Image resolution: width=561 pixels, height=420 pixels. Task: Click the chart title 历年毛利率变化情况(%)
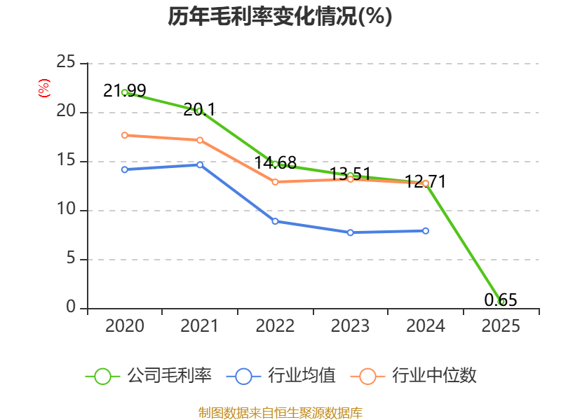pos(280,16)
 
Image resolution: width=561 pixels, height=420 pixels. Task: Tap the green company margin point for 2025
pos(501,302)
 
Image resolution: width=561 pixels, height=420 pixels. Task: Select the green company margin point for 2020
pos(125,92)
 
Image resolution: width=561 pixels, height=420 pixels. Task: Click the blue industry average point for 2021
pos(200,164)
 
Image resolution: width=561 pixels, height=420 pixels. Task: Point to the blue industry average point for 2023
pos(350,232)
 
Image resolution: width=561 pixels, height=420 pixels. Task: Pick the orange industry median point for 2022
pos(275,182)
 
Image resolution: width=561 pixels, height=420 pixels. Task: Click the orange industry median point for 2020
pos(125,135)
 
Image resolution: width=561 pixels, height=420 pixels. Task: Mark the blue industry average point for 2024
pos(426,230)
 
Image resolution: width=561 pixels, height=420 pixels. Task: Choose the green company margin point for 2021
pos(200,111)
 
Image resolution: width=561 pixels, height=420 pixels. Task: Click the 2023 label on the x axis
pos(350,326)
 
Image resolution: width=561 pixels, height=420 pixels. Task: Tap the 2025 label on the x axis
pos(501,326)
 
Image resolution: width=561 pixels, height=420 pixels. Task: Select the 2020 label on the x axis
pos(125,326)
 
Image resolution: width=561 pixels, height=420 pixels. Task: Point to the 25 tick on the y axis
pos(66,63)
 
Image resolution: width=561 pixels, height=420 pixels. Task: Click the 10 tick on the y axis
pos(66,210)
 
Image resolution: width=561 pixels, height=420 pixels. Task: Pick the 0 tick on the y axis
pos(71,308)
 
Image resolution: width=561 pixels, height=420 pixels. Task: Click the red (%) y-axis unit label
pos(43,89)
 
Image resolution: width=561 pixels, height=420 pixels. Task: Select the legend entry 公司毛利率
pos(149,376)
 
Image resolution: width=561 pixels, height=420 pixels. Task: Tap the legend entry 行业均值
pos(281,376)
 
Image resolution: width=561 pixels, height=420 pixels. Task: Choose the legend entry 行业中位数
pos(418,376)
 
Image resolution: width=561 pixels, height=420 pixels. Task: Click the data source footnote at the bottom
pos(280,412)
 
